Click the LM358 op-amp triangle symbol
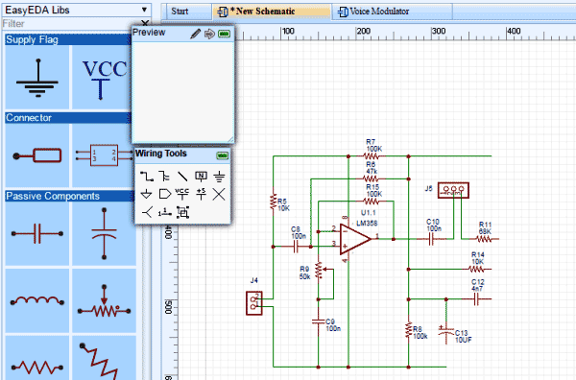(352, 238)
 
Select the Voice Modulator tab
(379, 12)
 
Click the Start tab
(180, 12)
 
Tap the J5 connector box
(455, 191)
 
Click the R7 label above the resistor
(373, 142)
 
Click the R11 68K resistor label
(484, 227)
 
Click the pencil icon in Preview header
(195, 34)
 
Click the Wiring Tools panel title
(167, 154)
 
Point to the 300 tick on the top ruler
(361, 32)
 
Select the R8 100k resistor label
(420, 332)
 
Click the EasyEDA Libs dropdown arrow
(144, 9)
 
